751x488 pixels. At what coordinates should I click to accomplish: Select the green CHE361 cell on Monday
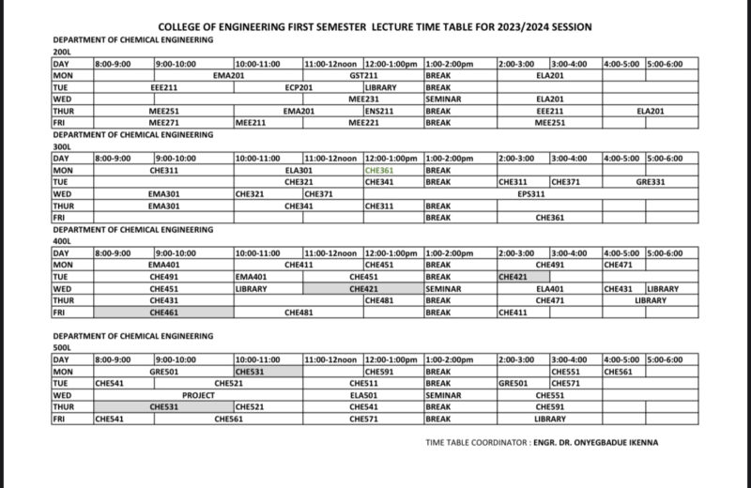379,171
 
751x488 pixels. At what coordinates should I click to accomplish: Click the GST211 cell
362,73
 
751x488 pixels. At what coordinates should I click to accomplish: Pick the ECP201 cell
299,85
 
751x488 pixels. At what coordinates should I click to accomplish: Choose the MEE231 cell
362,98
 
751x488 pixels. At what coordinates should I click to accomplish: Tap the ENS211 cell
379,110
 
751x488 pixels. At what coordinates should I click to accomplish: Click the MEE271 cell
163,122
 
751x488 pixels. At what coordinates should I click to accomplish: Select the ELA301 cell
299,171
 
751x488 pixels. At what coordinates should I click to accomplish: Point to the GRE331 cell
650,182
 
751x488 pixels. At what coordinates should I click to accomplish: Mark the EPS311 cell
531,194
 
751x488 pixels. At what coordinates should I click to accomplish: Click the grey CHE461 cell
163,313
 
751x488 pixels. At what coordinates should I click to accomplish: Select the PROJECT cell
198,395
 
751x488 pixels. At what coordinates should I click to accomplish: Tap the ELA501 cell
362,395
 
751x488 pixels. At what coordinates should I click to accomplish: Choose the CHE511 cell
362,383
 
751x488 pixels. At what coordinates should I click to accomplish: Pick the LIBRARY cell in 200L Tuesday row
381,85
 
